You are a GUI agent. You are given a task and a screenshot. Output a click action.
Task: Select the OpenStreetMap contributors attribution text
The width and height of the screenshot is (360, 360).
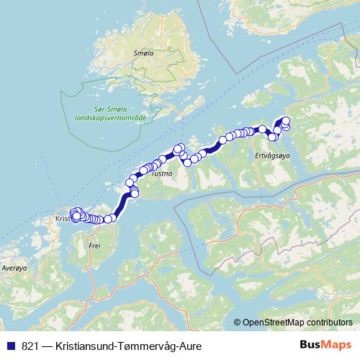click(x=297, y=322)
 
